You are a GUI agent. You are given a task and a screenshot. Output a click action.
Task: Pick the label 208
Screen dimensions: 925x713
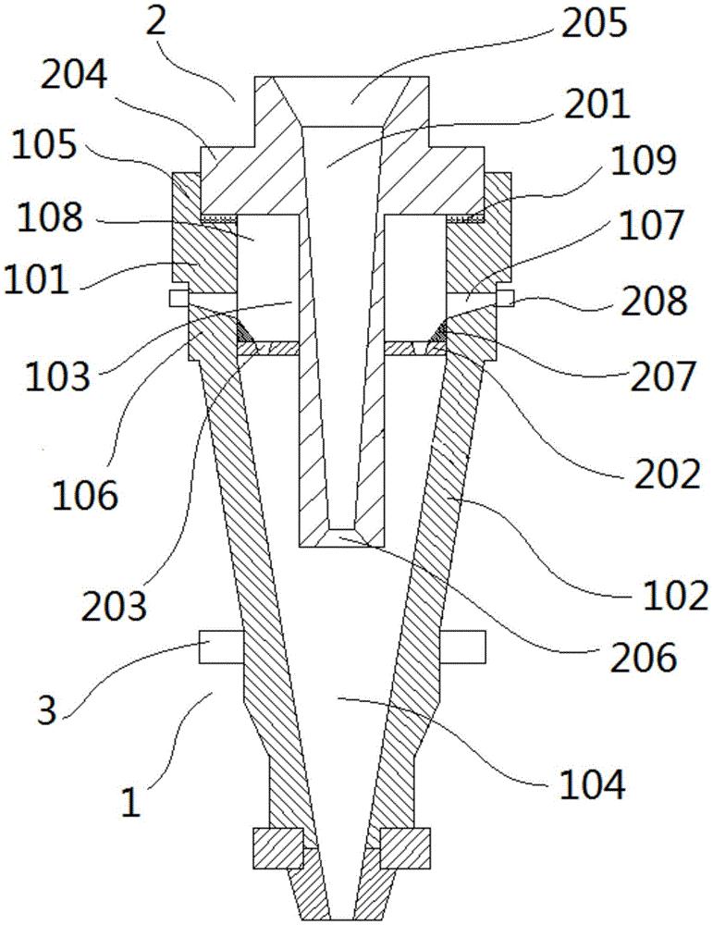coord(654,302)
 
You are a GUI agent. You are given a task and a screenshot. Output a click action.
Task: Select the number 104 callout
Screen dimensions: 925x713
coord(594,786)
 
